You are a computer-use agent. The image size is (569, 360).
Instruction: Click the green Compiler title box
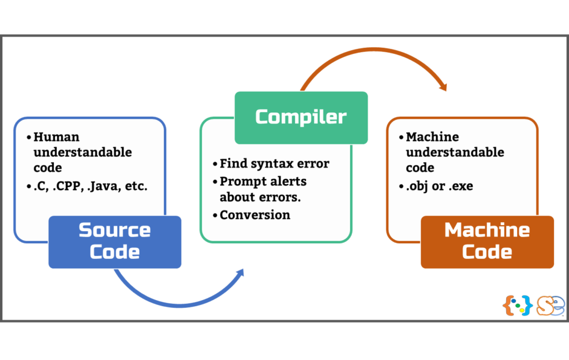pyautogui.click(x=301, y=118)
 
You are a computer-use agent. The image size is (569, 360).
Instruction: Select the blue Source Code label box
pyautogui.click(x=114, y=242)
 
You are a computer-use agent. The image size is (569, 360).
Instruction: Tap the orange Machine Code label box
pyautogui.click(x=487, y=242)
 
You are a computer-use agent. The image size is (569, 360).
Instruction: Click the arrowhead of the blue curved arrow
pyautogui.click(x=240, y=273)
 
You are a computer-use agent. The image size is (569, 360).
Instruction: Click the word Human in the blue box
pyautogui.click(x=56, y=137)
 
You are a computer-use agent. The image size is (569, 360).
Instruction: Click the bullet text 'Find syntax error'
pyautogui.click(x=274, y=164)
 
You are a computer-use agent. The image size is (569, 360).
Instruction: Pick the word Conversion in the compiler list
pyautogui.click(x=254, y=215)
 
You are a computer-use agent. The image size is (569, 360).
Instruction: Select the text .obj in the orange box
pyautogui.click(x=418, y=187)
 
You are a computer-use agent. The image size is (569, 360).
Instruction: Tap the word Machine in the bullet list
pyautogui.click(x=432, y=137)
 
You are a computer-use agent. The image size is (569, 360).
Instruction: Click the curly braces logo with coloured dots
pyautogui.click(x=517, y=305)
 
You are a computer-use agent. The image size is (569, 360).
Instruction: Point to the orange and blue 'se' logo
pyautogui.click(x=551, y=306)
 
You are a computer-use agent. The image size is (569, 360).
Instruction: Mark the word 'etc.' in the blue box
pyautogui.click(x=136, y=186)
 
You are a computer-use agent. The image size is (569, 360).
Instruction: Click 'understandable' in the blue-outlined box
pyautogui.click(x=83, y=152)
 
